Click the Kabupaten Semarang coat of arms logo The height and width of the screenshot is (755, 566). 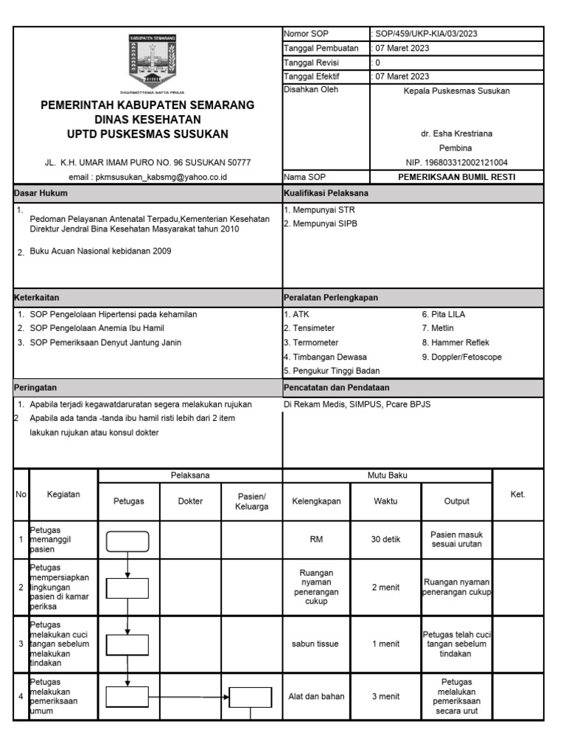(154, 64)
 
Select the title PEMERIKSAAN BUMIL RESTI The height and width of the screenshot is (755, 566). (456, 177)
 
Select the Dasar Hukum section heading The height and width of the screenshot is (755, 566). (41, 193)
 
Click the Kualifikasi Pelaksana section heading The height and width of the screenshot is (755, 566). (326, 193)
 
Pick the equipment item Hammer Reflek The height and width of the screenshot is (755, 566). (455, 342)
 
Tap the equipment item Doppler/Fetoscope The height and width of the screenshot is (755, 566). (461, 356)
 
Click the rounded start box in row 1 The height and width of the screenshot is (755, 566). (128, 542)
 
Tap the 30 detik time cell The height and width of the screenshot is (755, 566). (385, 540)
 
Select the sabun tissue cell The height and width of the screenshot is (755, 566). (315, 644)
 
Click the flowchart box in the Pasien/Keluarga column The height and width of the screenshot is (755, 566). (251, 696)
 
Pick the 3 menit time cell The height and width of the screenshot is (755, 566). (385, 696)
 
